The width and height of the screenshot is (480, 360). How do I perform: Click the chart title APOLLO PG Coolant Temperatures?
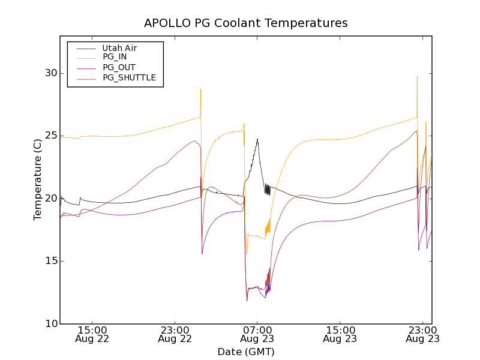(x=245, y=23)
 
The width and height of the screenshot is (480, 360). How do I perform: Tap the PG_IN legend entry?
(x=115, y=58)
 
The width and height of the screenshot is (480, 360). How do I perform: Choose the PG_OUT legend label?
(x=119, y=67)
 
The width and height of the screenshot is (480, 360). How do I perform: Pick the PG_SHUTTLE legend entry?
(x=129, y=77)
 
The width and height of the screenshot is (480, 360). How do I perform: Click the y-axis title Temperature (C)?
(x=38, y=180)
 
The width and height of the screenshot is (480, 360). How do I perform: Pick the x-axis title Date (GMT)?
(x=245, y=352)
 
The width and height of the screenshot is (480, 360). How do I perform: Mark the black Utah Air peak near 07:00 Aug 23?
(x=257, y=139)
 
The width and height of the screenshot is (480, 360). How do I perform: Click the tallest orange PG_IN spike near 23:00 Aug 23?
(x=417, y=76)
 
